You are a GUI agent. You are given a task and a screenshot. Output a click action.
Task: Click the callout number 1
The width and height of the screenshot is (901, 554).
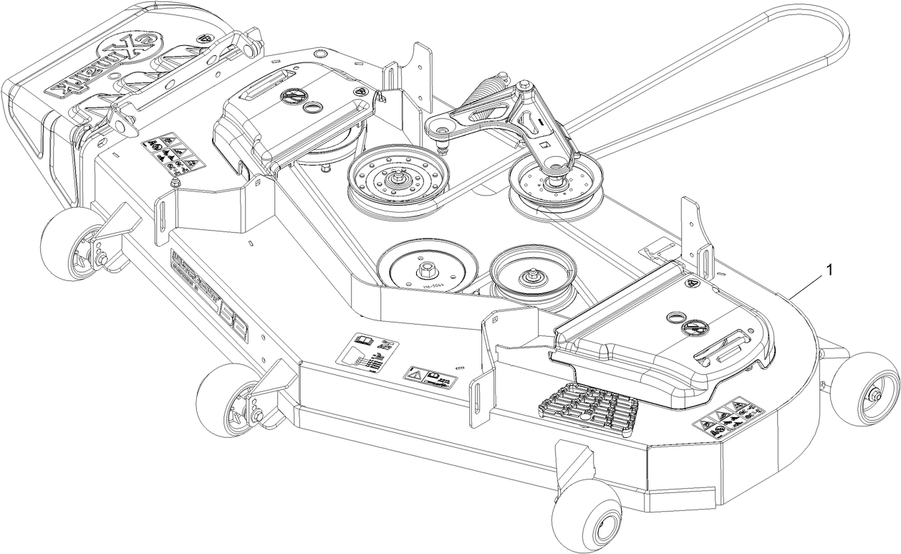point(829,269)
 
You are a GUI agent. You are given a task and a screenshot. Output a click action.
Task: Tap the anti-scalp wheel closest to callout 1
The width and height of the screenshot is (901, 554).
point(867,386)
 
